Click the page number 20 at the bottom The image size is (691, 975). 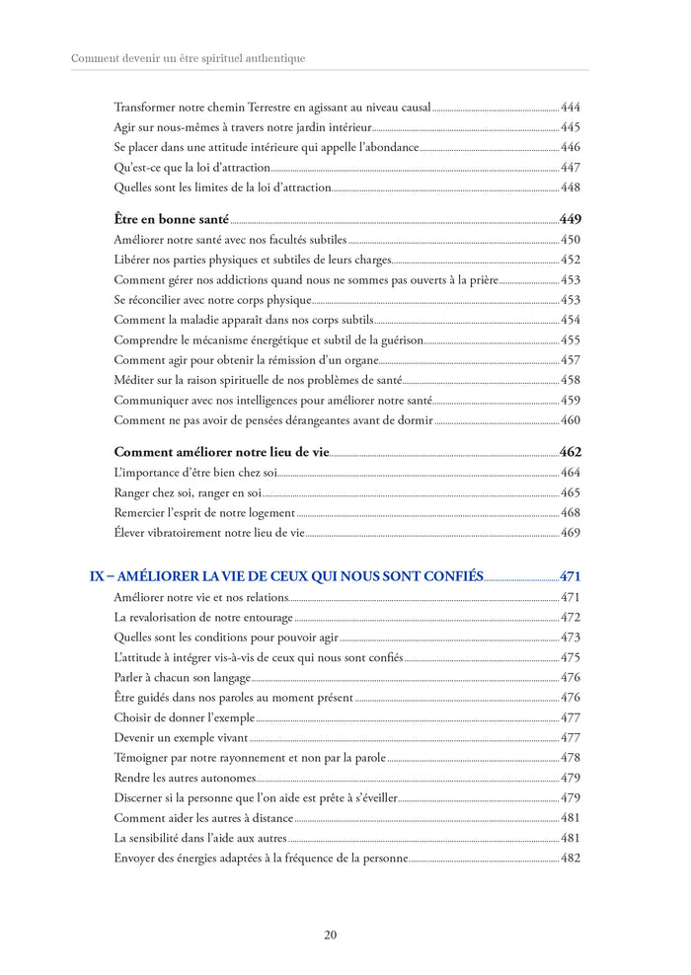[x=331, y=936]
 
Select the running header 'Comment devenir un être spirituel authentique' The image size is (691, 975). [x=189, y=59]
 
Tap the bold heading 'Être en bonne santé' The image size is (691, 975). [x=171, y=219]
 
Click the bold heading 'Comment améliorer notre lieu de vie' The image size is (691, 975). [x=220, y=452]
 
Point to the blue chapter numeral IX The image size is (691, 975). [x=97, y=576]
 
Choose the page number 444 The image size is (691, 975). [x=570, y=107]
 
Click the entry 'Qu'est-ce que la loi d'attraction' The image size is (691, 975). [x=192, y=168]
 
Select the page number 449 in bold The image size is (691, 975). [x=570, y=219]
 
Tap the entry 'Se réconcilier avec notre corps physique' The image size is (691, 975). [x=212, y=300]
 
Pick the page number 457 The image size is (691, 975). [x=570, y=360]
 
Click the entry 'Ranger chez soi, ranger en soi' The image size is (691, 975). [x=188, y=492]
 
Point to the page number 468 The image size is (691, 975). [x=570, y=513]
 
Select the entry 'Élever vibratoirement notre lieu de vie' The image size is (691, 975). [x=209, y=533]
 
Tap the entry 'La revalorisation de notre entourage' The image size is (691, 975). [x=203, y=618]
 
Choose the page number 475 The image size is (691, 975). [x=570, y=657]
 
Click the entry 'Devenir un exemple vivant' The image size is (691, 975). [x=181, y=738]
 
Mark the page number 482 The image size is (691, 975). [x=570, y=859]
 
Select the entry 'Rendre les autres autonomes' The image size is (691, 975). [x=185, y=779]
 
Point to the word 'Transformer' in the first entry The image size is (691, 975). [x=144, y=107]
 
